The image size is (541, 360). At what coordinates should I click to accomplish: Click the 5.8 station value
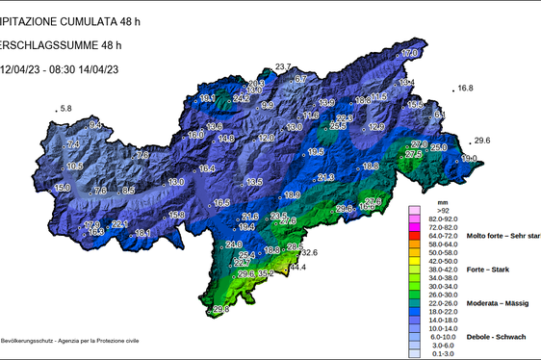(x=66, y=110)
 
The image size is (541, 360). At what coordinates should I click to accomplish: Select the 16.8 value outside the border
(x=465, y=89)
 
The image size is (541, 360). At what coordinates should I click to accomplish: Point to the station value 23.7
(x=283, y=66)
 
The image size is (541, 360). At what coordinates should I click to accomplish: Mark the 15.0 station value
(x=63, y=188)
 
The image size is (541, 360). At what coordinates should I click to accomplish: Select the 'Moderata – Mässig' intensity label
(x=502, y=302)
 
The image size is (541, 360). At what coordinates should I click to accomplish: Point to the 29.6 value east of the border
(x=482, y=141)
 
